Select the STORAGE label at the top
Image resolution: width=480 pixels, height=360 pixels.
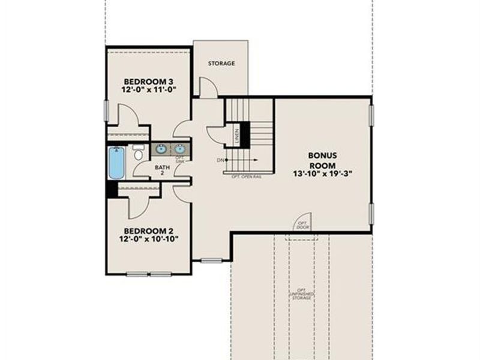221,63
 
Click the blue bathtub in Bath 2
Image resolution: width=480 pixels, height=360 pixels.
116,163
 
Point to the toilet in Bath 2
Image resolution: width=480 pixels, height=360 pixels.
139,153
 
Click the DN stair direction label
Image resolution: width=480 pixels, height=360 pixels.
220,160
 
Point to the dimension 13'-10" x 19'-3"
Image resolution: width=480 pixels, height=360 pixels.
322,175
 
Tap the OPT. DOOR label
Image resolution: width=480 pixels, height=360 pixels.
301,226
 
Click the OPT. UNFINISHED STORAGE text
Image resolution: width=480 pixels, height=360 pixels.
301,293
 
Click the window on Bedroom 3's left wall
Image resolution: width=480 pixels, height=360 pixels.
106,110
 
